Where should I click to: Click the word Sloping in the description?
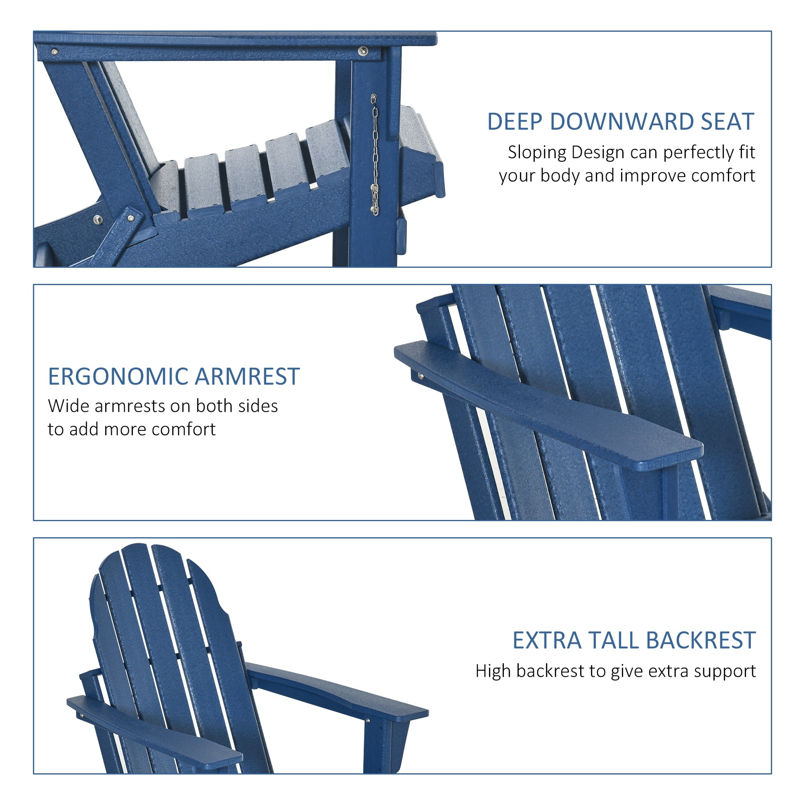pos(536,153)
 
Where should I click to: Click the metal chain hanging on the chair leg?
pos(375,154)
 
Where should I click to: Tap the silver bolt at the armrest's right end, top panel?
pos(363,51)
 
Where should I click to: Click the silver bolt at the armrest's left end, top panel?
pos(54,52)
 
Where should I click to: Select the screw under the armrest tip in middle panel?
pos(421,377)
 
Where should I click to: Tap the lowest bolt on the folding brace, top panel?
pos(98,219)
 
